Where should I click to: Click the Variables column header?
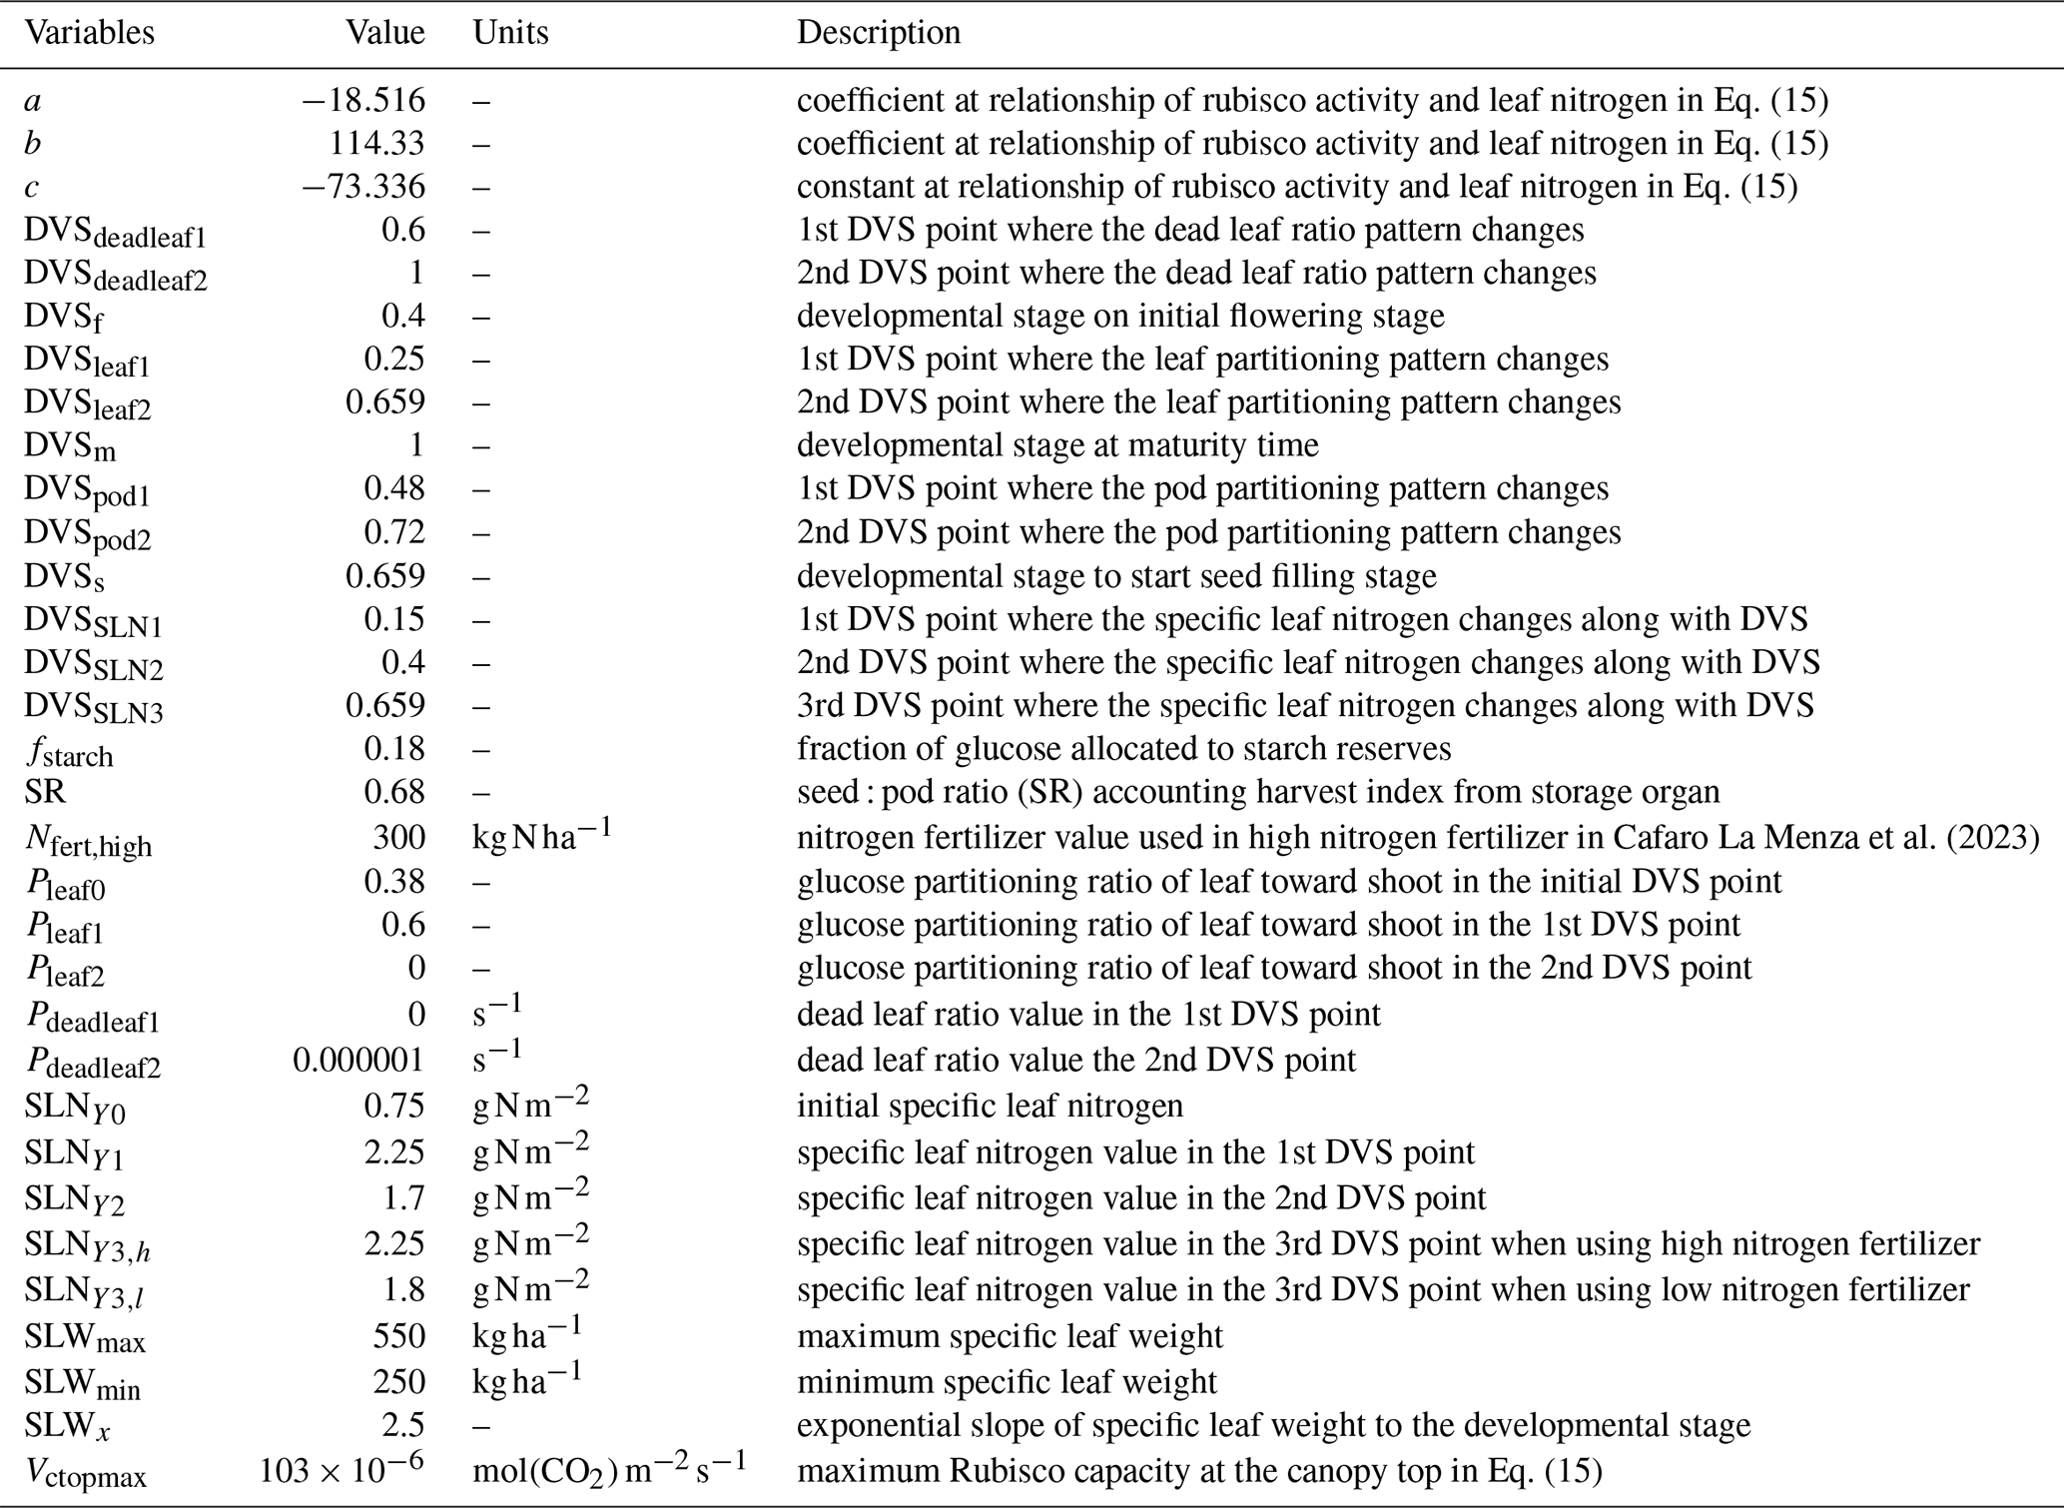(x=90, y=33)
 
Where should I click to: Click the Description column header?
(x=878, y=33)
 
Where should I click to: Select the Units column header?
(x=510, y=33)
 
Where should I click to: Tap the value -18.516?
(x=364, y=101)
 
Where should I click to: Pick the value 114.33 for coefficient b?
(x=376, y=144)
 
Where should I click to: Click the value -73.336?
(x=364, y=187)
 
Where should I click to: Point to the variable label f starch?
(x=69, y=751)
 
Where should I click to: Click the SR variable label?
(x=45, y=792)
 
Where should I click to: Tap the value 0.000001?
(x=358, y=1060)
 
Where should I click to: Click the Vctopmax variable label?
(x=86, y=1473)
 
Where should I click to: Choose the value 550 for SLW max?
(x=398, y=1336)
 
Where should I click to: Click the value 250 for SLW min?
(x=398, y=1382)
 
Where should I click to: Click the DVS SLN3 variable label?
(x=94, y=708)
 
